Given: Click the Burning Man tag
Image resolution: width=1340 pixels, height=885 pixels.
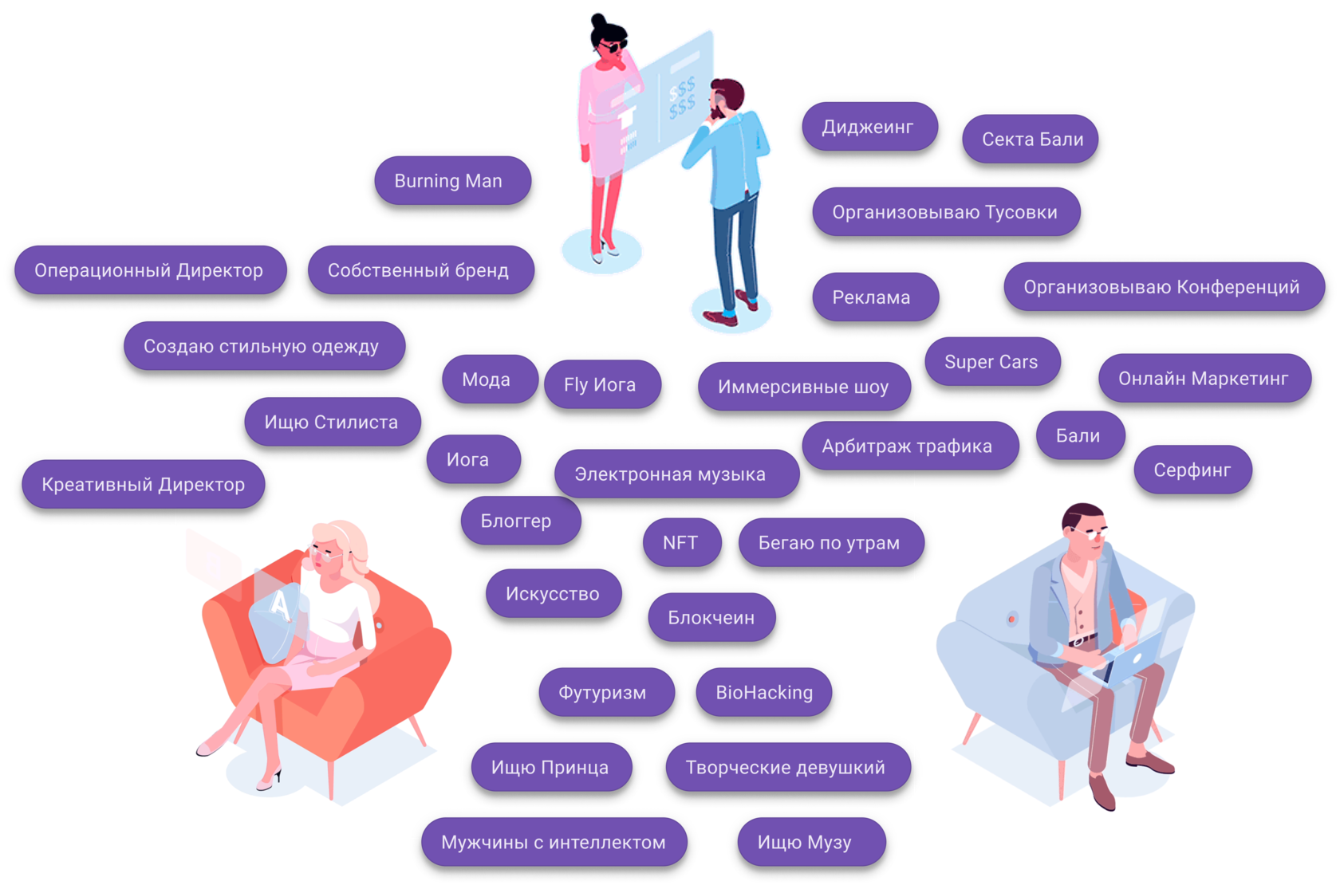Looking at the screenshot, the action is (x=453, y=180).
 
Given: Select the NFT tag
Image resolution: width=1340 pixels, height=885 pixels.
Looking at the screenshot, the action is (x=682, y=542).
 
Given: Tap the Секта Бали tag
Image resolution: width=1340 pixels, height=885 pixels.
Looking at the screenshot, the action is (x=1031, y=139).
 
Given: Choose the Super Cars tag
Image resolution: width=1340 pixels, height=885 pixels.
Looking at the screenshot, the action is (x=992, y=361).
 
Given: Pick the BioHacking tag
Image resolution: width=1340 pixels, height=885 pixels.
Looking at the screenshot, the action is (x=764, y=692).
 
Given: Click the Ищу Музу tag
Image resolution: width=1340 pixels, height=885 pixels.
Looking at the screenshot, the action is (x=811, y=842).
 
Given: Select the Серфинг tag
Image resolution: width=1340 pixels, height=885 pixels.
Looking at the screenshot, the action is (x=1193, y=470).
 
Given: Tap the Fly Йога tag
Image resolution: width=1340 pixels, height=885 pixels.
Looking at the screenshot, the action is (x=602, y=384).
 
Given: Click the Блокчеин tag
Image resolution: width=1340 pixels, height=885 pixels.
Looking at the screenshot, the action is (x=711, y=617).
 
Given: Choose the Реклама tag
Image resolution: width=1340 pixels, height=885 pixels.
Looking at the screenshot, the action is (x=875, y=297).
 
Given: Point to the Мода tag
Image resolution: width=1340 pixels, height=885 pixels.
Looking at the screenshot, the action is (x=490, y=380).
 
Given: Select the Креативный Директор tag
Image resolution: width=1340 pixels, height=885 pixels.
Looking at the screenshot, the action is (x=144, y=485).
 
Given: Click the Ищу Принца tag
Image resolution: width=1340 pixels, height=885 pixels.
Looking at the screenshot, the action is (x=552, y=767).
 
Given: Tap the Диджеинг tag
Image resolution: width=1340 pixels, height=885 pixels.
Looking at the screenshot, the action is (x=869, y=126).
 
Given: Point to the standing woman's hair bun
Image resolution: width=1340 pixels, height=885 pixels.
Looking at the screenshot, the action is (x=598, y=22).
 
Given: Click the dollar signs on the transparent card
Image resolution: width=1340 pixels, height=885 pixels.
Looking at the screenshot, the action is (x=682, y=97).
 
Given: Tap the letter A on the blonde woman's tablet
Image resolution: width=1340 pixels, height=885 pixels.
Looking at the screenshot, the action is (x=279, y=605).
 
